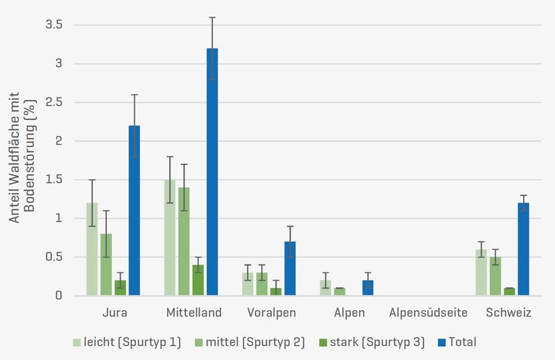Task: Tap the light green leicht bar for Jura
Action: pos(92,249)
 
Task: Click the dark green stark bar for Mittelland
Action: pos(198,280)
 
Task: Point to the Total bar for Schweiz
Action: pos(523,249)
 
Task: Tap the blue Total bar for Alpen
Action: pos(368,288)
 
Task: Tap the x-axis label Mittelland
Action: pos(194,313)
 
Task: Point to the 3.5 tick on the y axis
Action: pos(54,25)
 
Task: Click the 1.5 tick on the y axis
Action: pos(54,180)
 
